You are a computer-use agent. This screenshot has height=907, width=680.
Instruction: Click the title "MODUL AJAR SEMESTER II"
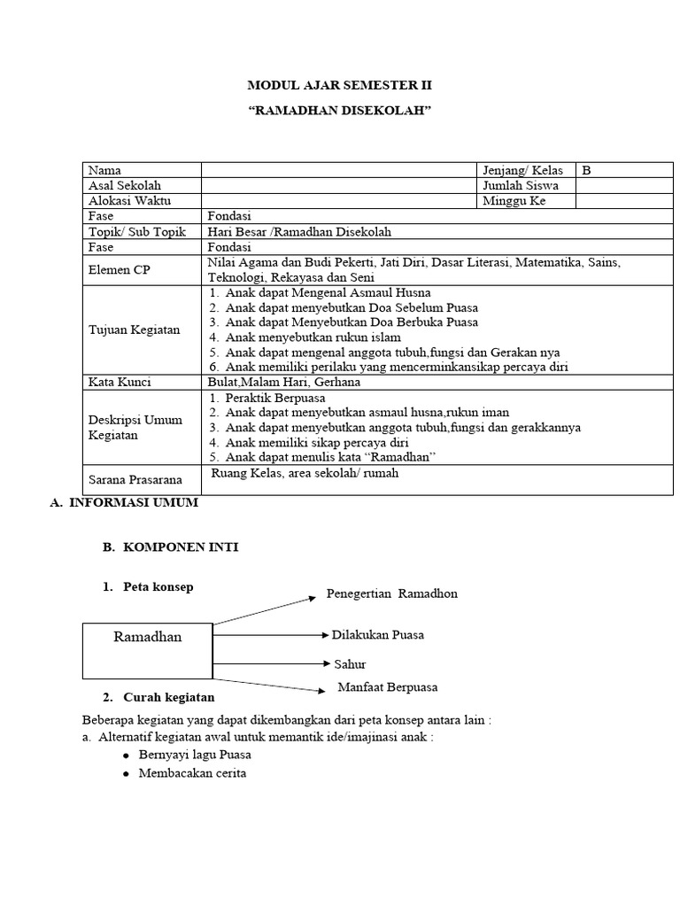(340, 85)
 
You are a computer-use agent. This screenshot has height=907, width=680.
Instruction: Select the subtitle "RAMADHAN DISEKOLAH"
(340, 109)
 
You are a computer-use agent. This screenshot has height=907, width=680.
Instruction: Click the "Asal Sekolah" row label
(125, 185)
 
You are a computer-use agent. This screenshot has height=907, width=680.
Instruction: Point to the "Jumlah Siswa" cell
(521, 185)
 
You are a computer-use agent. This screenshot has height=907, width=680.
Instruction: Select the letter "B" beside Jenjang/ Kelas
(586, 170)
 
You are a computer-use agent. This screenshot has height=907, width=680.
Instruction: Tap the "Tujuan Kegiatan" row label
(134, 329)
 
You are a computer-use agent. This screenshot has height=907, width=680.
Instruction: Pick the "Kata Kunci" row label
(120, 382)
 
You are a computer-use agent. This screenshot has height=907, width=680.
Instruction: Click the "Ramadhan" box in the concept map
(148, 650)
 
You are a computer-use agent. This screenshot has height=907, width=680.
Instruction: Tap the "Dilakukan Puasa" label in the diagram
(378, 635)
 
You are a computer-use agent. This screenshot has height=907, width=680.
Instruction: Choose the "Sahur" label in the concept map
(350, 663)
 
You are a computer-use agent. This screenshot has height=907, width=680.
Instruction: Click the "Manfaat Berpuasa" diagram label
(388, 687)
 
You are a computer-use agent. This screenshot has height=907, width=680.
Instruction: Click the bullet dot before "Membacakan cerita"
(127, 773)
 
